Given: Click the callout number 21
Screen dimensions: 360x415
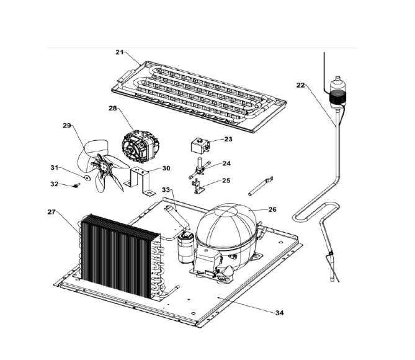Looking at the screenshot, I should (120, 52).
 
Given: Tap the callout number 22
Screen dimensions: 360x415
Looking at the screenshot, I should (301, 85).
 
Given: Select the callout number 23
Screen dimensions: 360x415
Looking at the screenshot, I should (228, 140).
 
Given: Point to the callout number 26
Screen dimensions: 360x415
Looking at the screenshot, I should (272, 209).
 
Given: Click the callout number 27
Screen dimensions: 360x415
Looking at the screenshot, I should (51, 212).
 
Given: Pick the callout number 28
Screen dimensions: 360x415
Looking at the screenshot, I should (112, 109).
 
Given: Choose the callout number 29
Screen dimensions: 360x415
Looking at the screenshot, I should (67, 126).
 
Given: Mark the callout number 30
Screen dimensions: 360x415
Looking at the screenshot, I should (166, 168).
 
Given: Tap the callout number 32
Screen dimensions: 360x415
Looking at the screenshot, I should (54, 184).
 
